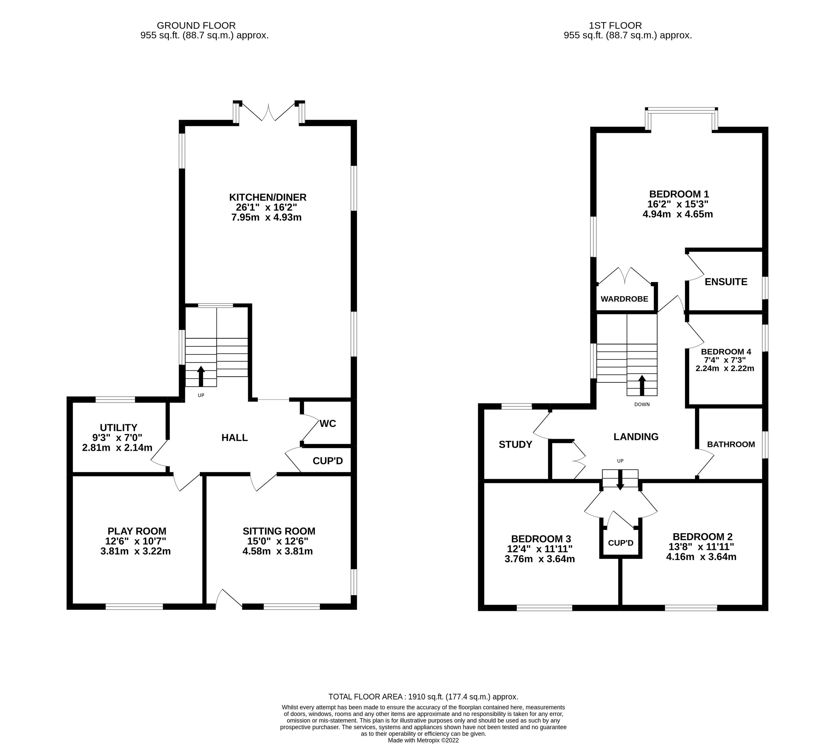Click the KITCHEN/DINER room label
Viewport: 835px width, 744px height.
(268, 197)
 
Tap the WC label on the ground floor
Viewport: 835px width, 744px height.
(328, 424)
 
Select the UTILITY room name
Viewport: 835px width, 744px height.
(119, 428)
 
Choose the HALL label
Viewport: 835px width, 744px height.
(235, 437)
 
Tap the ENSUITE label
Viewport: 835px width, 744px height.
(726, 282)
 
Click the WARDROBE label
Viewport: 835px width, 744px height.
(624, 299)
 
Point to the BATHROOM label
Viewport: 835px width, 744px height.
(731, 444)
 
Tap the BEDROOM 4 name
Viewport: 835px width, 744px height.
(726, 351)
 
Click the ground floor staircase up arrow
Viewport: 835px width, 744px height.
(201, 376)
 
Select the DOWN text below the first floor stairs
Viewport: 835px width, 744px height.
(642, 404)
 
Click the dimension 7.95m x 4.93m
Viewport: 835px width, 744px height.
(266, 217)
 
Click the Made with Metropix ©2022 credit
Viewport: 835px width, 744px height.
(423, 740)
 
